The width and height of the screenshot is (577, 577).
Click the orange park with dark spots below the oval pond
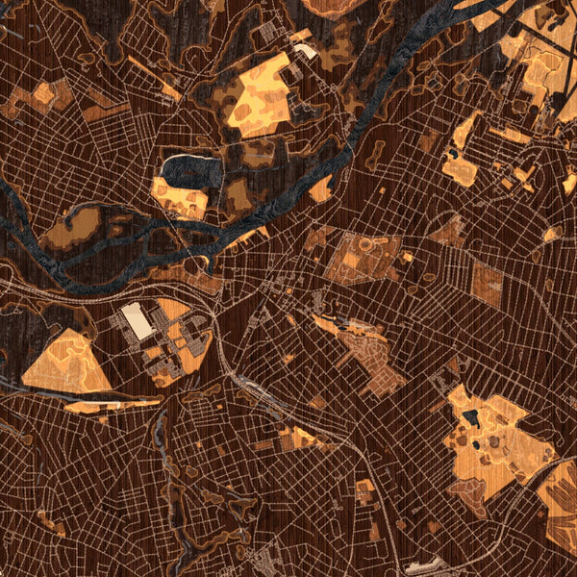click(x=180, y=197)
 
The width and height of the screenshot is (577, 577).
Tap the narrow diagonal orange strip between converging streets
click(x=154, y=79)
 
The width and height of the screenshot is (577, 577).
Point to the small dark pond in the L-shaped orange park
click(x=452, y=152)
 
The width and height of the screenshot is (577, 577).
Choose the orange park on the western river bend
click(x=72, y=226)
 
